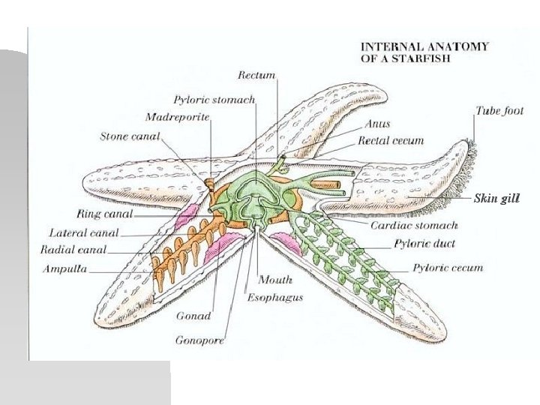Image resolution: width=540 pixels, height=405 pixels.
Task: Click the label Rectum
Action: point(256,75)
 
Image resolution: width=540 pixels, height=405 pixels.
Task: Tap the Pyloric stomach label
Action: point(214,100)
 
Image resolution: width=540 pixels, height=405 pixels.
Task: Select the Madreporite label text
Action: point(177,118)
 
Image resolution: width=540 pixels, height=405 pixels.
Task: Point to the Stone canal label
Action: point(130,136)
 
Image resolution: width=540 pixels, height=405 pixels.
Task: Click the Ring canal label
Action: point(104,214)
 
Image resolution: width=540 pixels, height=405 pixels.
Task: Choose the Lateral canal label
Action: point(83,232)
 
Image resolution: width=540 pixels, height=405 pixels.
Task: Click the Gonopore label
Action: point(199,340)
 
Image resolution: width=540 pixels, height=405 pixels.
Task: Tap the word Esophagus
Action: point(275,298)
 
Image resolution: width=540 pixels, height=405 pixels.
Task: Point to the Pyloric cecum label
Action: point(448,268)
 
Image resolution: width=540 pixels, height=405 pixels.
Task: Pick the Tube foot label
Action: point(499,111)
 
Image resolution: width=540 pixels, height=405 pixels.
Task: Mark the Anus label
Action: point(377,124)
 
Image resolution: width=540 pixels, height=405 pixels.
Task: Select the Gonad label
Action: point(193,316)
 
